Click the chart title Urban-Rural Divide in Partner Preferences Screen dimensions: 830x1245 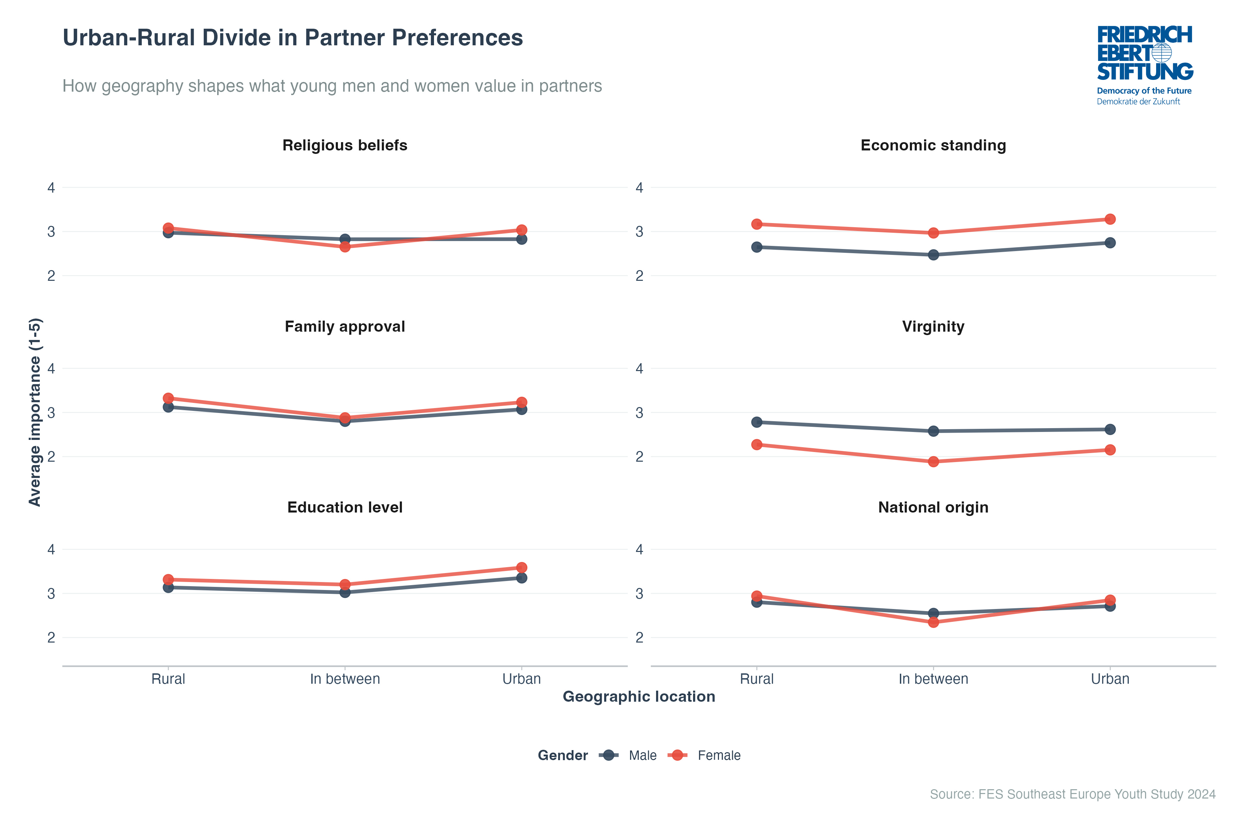292,38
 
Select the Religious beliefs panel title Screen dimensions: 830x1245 344,146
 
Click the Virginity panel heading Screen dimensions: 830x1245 933,326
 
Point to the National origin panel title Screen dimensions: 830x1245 933,508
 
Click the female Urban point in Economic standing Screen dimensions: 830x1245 1110,219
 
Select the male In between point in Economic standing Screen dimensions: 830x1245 933,255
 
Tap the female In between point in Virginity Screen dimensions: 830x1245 933,462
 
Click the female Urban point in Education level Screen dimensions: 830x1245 522,568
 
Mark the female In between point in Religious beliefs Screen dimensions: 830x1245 344,247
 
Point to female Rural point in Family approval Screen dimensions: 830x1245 168,398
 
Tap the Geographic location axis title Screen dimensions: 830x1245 638,697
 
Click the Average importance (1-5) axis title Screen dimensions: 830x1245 35,412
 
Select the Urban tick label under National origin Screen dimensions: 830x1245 1110,679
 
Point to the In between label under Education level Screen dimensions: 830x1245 344,679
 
